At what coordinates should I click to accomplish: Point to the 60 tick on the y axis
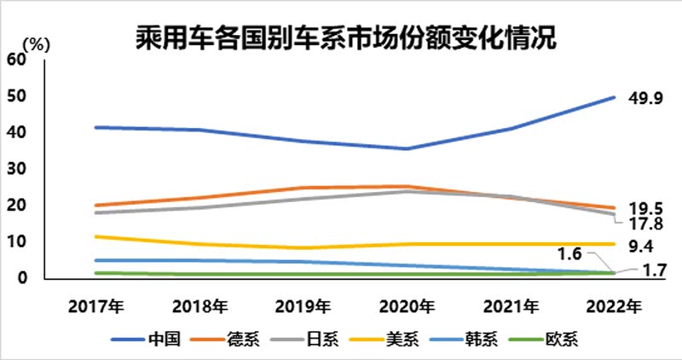pos(15,59)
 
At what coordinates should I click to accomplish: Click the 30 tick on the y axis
pos(15,169)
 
